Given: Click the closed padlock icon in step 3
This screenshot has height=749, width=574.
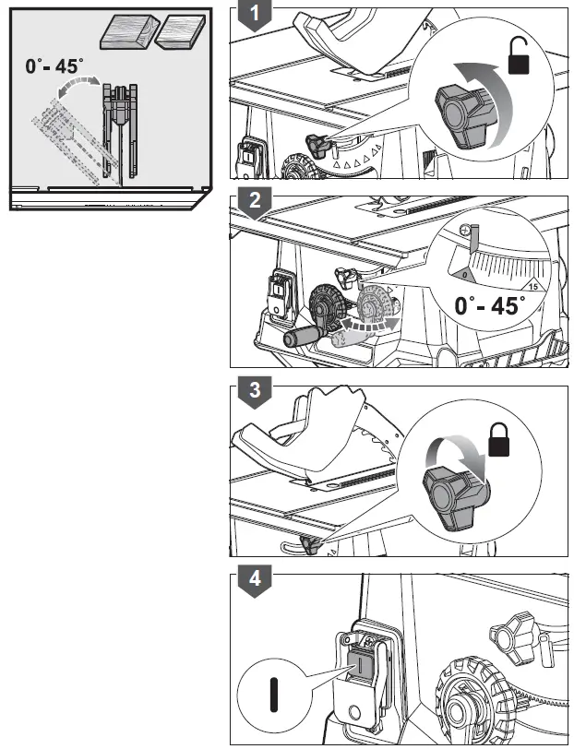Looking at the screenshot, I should [499, 439].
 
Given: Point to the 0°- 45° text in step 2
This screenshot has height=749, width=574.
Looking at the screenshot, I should [489, 306].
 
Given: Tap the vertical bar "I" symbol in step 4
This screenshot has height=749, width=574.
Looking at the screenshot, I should [273, 693].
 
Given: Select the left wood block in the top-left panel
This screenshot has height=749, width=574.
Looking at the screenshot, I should [124, 33].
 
